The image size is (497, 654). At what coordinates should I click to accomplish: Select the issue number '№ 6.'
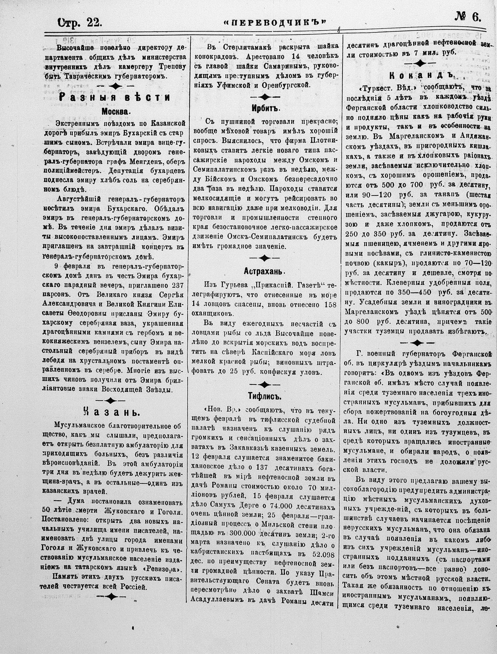coord(469,17)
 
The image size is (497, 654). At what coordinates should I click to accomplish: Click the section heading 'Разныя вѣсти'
coord(115,98)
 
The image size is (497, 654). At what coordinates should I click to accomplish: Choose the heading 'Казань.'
coord(111,412)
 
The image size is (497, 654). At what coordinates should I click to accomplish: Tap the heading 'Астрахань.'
coord(265,271)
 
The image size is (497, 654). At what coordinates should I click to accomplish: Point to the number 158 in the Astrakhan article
coord(330,304)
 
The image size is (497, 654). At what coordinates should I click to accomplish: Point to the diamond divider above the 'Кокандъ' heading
coord(420,63)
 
